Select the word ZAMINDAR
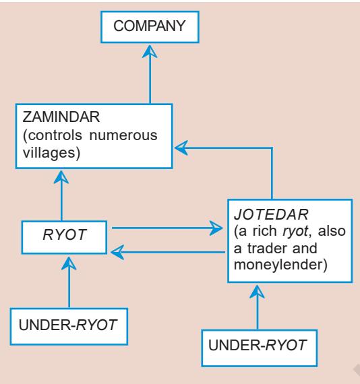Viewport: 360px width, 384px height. pyautogui.click(x=61, y=117)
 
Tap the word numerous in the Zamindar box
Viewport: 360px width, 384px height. pyautogui.click(x=123, y=135)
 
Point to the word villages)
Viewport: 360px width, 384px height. pyautogui.click(x=51, y=154)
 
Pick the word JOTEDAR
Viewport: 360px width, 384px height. pyautogui.click(x=271, y=214)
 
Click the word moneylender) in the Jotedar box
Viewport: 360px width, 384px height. pyautogui.click(x=280, y=265)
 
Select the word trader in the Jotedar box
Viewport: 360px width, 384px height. pyautogui.click(x=268, y=249)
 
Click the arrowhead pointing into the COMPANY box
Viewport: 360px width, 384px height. pyautogui.click(x=150, y=51)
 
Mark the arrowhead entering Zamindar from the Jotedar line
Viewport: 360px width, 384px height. pyautogui.click(x=181, y=148)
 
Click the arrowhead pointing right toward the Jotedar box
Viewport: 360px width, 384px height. pyautogui.click(x=216, y=228)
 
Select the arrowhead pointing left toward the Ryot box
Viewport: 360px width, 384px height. pyautogui.click(x=117, y=252)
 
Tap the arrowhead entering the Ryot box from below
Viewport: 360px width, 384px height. pyautogui.click(x=69, y=263)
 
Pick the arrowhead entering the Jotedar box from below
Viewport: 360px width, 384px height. pyautogui.click(x=257, y=292)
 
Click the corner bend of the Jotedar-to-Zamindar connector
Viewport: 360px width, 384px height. pyautogui.click(x=272, y=148)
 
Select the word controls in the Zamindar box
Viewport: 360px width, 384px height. pyautogui.click(x=52, y=135)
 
